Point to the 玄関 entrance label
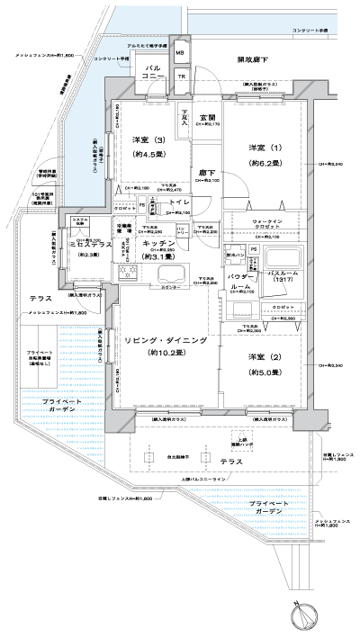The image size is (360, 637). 207,118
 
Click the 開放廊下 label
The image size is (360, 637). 255,59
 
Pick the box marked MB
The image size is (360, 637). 179,52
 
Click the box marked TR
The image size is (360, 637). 181,76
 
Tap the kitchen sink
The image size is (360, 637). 168,274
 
